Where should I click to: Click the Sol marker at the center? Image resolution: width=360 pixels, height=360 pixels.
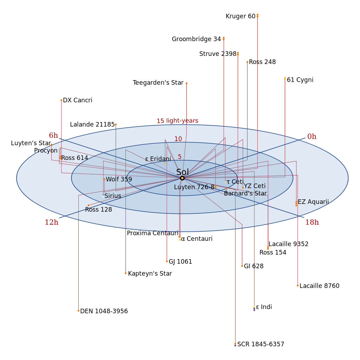[182, 178]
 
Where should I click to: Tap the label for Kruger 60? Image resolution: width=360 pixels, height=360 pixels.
[240, 16]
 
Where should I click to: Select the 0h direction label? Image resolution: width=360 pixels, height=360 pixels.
[312, 137]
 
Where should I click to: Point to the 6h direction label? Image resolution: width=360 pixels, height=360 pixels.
[53, 135]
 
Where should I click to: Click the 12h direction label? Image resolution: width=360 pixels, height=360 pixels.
[52, 222]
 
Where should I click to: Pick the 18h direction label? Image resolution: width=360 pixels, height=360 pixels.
[312, 222]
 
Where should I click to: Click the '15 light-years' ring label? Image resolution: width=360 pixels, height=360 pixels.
[177, 121]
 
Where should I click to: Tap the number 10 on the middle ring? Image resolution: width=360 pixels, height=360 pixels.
[178, 139]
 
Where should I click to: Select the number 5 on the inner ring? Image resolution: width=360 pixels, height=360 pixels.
[180, 157]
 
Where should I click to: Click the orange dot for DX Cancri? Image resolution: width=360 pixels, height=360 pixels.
[61, 100]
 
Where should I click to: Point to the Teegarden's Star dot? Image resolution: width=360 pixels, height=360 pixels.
[186, 83]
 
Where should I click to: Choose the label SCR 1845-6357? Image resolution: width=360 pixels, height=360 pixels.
[261, 344]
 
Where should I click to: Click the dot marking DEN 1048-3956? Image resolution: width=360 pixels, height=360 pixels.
[78, 311]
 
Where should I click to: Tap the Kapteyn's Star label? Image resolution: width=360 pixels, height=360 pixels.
[150, 274]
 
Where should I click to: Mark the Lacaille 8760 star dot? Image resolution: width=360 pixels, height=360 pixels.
[297, 285]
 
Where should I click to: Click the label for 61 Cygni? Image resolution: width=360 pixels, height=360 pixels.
[300, 80]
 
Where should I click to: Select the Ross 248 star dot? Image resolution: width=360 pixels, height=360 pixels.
[247, 62]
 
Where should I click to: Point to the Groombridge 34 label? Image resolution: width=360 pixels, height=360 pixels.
[196, 39]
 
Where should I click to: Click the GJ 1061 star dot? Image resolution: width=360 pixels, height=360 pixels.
[167, 261]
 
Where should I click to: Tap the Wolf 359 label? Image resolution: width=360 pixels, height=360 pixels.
[119, 179]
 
